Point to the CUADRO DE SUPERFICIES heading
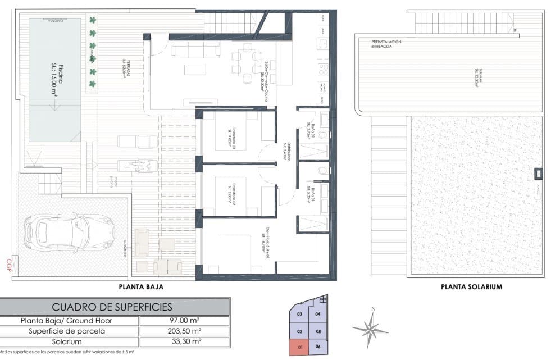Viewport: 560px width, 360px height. pyautogui.click(x=112, y=307)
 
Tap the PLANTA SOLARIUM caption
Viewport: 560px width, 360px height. pyautogui.click(x=471, y=286)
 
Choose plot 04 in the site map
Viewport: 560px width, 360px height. pyautogui.click(x=318, y=314)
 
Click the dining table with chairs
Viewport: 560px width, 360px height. pyautogui.click(x=244, y=62)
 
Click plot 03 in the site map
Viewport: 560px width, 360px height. pyautogui.click(x=300, y=315)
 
